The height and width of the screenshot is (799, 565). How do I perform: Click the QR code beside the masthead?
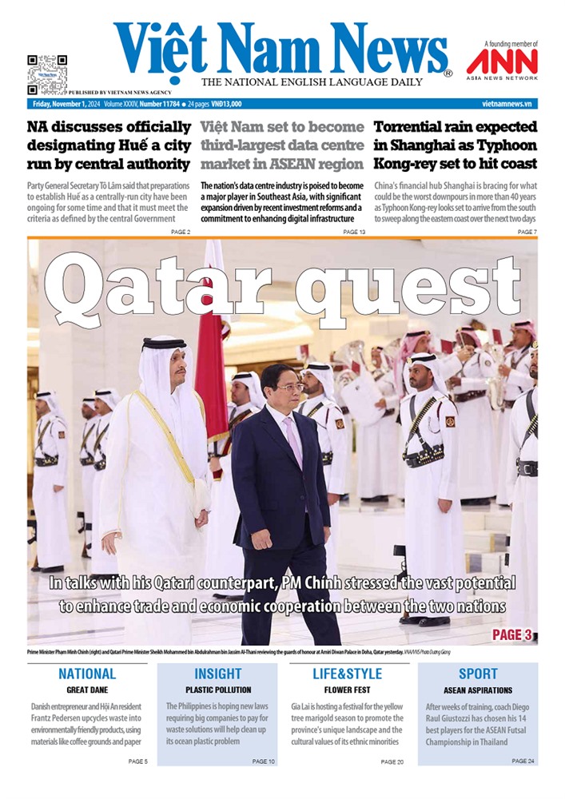[x=47, y=74]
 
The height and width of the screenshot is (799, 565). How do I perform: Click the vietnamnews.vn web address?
[x=509, y=104]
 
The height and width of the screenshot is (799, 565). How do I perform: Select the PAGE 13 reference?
[x=354, y=232]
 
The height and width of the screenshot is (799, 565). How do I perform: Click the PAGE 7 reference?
[x=527, y=232]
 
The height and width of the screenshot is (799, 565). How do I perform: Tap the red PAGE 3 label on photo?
[x=511, y=634]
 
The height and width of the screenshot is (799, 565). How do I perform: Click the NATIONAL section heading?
[x=87, y=674]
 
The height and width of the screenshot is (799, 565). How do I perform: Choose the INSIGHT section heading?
[x=218, y=674]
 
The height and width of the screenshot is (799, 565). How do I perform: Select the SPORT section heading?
[x=478, y=674]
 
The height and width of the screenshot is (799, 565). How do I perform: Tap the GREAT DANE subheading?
[x=87, y=690]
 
